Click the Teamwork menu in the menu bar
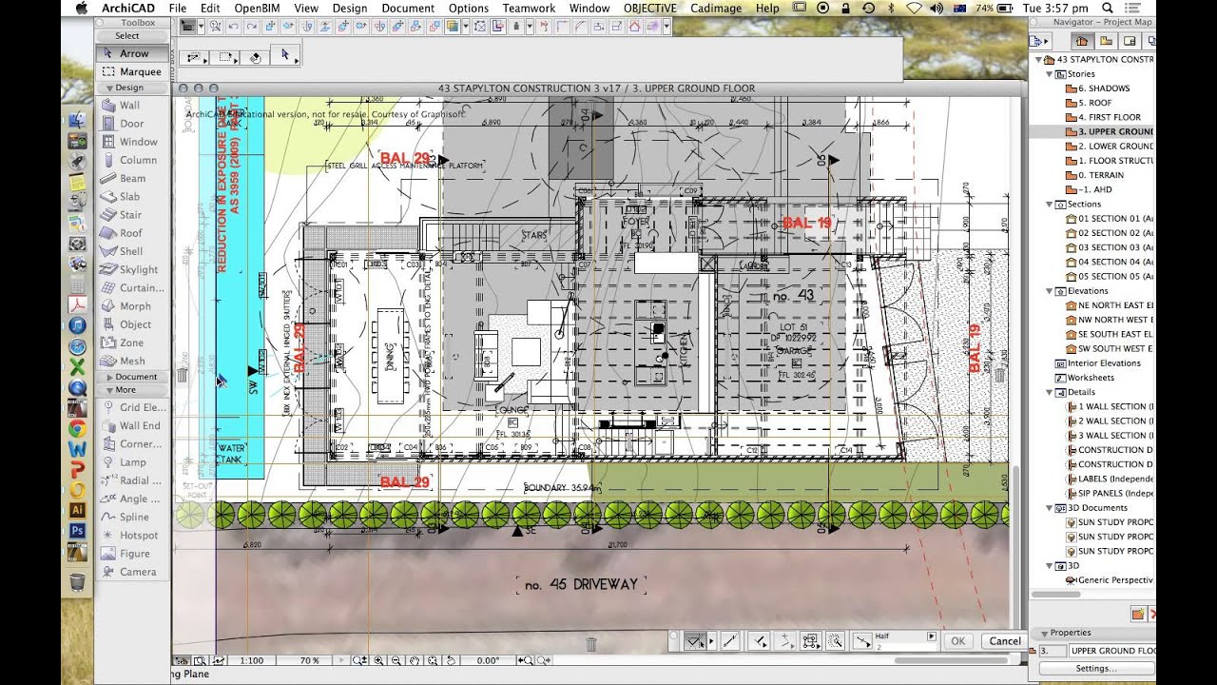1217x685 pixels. pos(529,8)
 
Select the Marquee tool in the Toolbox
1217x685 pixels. pos(139,71)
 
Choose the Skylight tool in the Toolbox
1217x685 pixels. pos(139,269)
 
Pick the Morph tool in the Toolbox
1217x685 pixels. pos(135,306)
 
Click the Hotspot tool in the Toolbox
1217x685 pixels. pos(139,536)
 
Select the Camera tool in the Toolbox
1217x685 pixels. pos(138,572)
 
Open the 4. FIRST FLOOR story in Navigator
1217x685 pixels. pos(1109,117)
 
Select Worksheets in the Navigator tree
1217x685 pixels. pos(1090,378)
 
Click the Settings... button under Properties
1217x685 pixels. pos(1095,668)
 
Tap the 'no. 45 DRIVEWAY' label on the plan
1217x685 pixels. pos(580,584)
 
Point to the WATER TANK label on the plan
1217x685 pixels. pos(232,453)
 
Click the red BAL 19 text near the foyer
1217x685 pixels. pos(806,224)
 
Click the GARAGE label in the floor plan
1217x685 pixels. pos(796,350)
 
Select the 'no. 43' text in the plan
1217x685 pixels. pos(793,296)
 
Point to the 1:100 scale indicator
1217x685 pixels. pos(252,660)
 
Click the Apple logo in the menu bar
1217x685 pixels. pos(82,8)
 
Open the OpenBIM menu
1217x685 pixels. pos(257,8)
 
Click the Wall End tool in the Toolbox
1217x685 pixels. pos(140,425)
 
